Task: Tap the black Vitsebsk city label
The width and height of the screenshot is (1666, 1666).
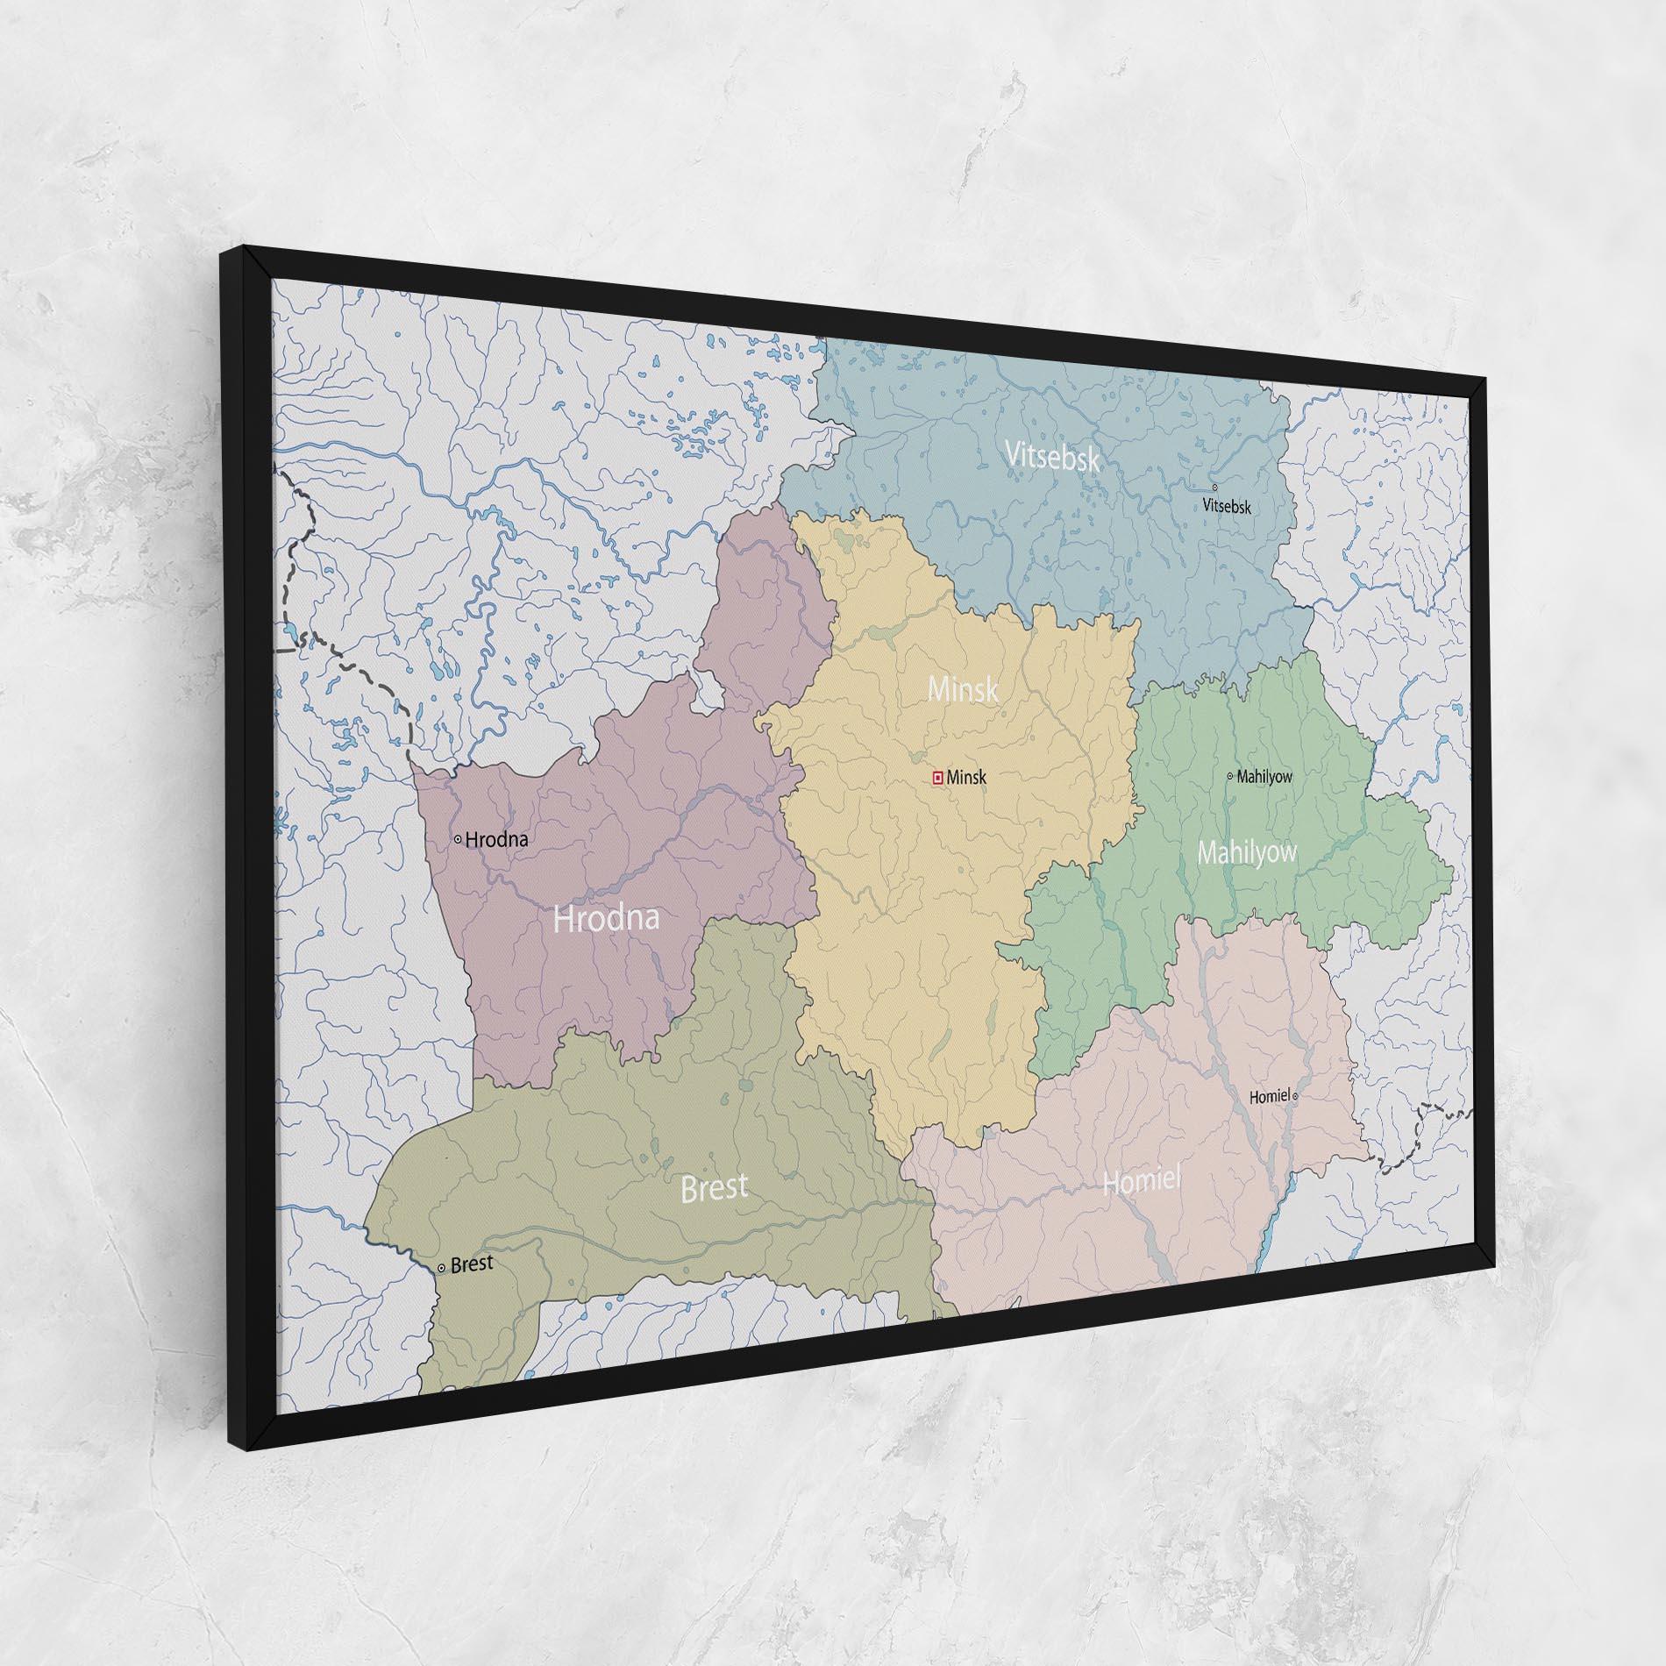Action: tap(1227, 507)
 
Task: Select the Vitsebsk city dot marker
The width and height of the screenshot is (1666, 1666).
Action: tap(1214, 488)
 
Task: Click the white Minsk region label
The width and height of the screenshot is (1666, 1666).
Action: tap(963, 689)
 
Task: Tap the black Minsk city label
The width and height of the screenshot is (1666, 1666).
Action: tap(967, 778)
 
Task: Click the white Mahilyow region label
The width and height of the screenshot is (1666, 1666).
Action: tap(1247, 852)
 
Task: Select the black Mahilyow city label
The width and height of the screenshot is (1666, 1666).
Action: tap(1264, 777)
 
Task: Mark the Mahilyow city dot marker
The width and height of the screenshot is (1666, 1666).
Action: tap(1229, 776)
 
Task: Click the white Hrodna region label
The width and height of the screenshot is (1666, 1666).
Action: tap(606, 919)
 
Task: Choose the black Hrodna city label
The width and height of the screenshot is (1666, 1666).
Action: tap(496, 840)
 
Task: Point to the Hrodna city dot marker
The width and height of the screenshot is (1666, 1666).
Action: tap(458, 839)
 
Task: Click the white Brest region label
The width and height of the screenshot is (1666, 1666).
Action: tap(715, 1187)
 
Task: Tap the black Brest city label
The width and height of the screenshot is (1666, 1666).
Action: tap(472, 1264)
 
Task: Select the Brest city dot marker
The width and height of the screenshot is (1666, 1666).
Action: tap(441, 1268)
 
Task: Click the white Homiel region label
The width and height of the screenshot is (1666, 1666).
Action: tap(1142, 1181)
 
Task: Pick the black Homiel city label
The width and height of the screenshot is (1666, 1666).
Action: tap(1270, 1096)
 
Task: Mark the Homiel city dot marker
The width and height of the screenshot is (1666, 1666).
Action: tap(1295, 1096)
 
